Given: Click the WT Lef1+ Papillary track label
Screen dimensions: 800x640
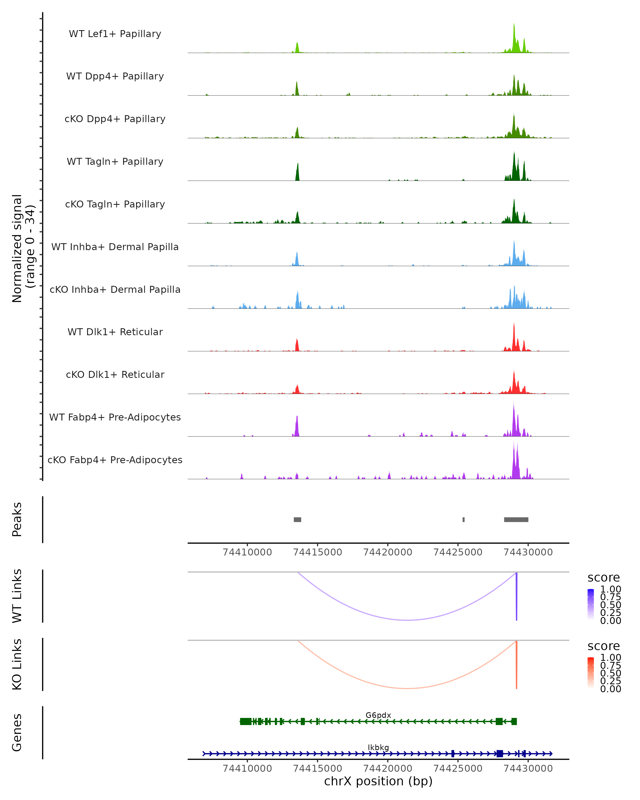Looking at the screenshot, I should tap(115, 34).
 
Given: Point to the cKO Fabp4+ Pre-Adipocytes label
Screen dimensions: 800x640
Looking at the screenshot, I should tap(115, 460).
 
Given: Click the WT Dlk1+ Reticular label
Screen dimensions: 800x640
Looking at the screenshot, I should tap(115, 332).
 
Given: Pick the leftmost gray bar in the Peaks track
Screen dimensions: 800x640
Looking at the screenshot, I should tap(297, 519).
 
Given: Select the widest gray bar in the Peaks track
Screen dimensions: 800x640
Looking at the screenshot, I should tap(516, 519).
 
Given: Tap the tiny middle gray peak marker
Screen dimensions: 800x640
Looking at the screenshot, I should tap(463, 519).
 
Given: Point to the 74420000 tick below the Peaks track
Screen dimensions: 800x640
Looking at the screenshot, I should tap(388, 552).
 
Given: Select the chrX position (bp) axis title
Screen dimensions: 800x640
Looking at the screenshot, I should tap(378, 781).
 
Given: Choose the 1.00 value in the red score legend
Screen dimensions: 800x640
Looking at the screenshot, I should tap(610, 658).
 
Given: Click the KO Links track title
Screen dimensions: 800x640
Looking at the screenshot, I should tap(17, 664).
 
